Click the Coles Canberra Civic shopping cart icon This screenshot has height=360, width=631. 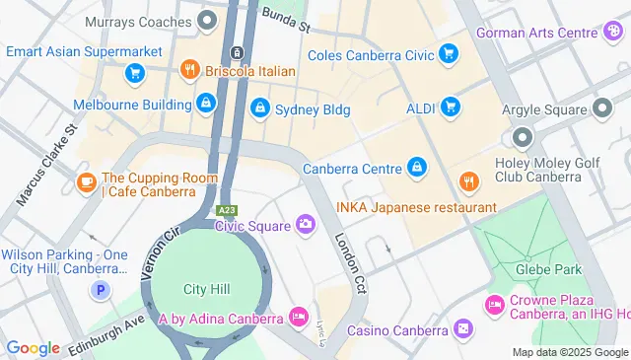tap(450, 53)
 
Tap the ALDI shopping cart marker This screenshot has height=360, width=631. tap(450, 106)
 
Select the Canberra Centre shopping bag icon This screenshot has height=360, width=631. tap(417, 167)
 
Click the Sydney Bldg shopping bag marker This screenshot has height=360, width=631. tap(260, 107)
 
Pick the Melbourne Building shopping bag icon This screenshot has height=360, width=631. tap(204, 102)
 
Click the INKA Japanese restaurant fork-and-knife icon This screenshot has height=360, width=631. tap(468, 182)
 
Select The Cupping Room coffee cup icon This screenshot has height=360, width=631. tap(86, 183)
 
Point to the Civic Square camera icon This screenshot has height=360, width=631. tap(306, 226)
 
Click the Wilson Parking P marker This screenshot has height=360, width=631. tap(99, 290)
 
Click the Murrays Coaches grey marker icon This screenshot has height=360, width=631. tap(207, 20)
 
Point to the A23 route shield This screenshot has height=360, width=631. tap(227, 210)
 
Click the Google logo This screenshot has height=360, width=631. tap(33, 347)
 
